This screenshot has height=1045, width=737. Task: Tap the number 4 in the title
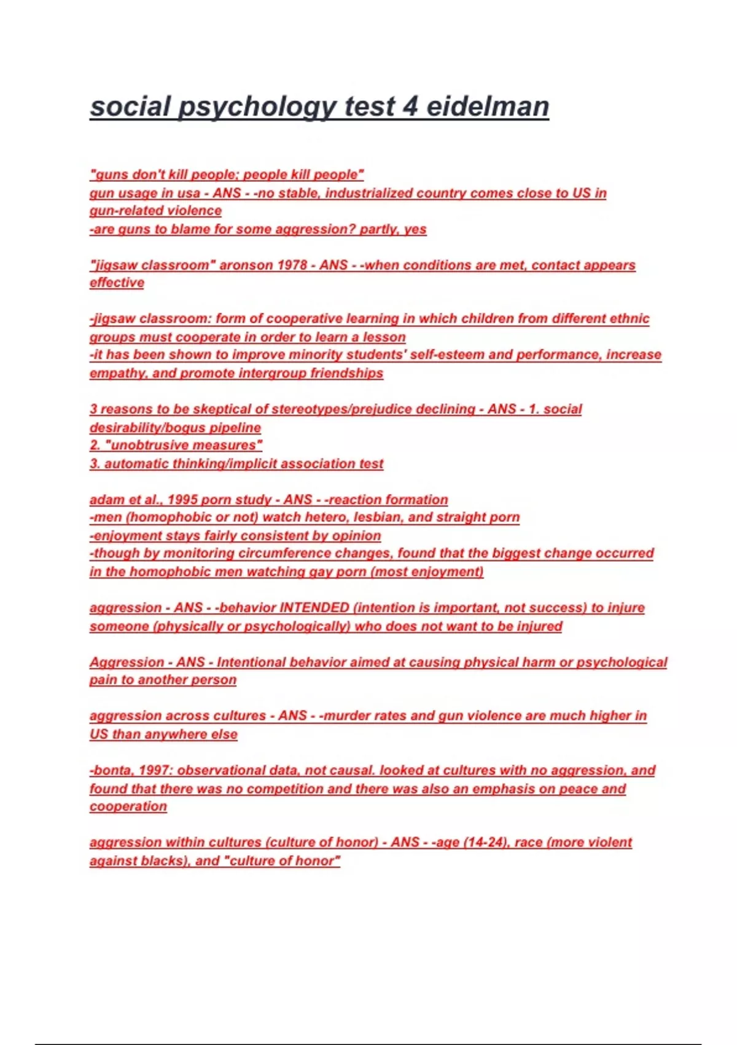pyautogui.click(x=410, y=106)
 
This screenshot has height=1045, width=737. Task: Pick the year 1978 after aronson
pyautogui.click(x=292, y=265)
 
